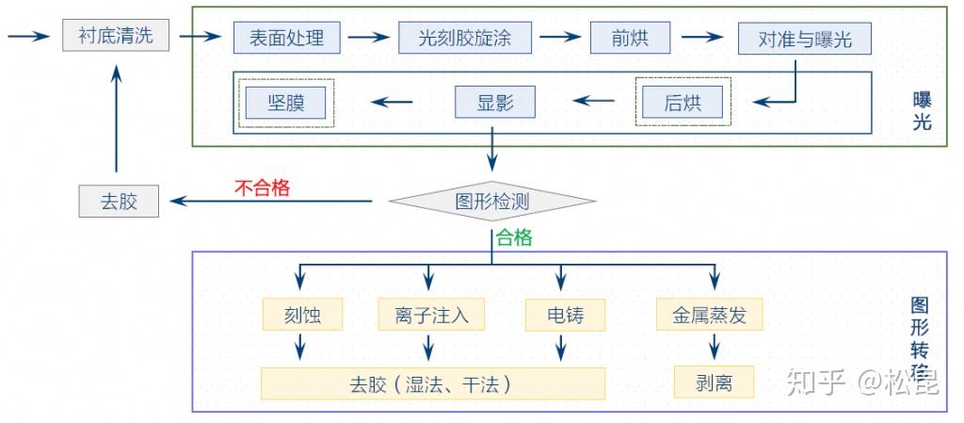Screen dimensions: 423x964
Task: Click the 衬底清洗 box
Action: pos(117,37)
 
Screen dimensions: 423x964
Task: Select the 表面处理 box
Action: pos(286,39)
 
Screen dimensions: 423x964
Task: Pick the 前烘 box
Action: pos(630,39)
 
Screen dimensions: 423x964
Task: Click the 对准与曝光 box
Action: pos(804,40)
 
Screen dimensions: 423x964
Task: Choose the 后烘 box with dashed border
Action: pos(683,102)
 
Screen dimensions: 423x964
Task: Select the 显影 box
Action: pos(495,102)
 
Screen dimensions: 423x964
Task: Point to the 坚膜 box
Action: pos(286,102)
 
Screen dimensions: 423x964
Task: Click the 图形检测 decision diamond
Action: pos(491,201)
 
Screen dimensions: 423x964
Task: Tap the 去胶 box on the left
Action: pos(119,202)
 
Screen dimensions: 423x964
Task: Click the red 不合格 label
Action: pos(262,187)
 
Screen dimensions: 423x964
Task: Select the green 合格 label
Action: pos(514,238)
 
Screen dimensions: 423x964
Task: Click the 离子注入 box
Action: pos(431,315)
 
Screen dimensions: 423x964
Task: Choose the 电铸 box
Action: pos(565,315)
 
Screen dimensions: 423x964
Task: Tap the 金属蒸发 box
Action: pos(709,315)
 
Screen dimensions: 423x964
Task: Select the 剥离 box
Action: pos(714,382)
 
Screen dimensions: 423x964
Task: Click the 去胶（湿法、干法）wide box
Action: pos(432,383)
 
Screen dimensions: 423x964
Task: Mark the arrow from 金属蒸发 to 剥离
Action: pos(714,348)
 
